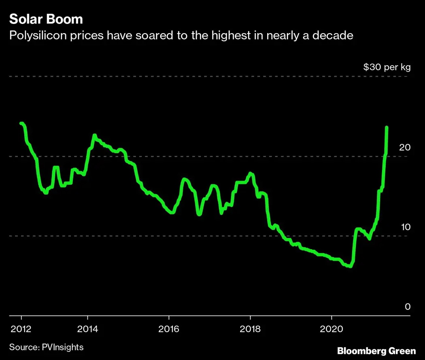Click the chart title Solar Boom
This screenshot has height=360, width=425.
[x=46, y=19]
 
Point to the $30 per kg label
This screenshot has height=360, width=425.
[x=387, y=67]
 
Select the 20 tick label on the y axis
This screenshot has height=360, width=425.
[x=405, y=147]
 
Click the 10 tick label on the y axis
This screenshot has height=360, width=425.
[x=405, y=227]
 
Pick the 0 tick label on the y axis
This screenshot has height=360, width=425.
[x=408, y=307]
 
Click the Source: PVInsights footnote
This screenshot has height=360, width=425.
[x=46, y=347]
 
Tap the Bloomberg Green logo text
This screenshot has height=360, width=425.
[x=376, y=350]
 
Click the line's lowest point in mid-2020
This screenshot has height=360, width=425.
[x=350, y=267]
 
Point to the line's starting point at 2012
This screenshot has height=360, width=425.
[x=21, y=123]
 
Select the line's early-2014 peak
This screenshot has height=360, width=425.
[x=94, y=135]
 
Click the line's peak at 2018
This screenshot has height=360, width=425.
[x=251, y=174]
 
